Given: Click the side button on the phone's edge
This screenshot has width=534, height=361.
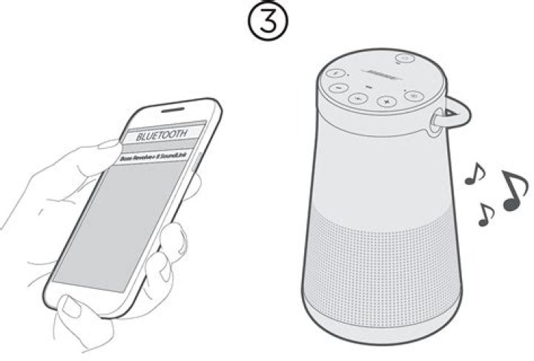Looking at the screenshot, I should tap(194, 170).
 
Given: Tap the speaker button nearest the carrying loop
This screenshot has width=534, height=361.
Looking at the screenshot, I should tap(415, 95).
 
